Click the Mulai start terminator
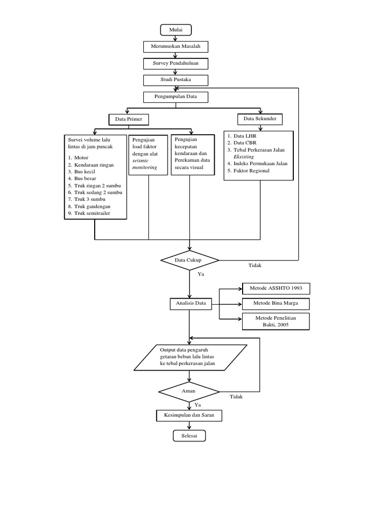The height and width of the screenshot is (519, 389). [x=175, y=30]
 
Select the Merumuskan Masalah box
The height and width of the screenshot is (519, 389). [x=176, y=47]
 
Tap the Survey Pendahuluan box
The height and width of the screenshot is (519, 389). [x=175, y=63]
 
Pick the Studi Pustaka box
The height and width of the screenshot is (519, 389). [x=175, y=80]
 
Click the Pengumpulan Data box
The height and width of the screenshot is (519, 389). [x=176, y=96]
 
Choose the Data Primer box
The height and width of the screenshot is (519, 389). [x=129, y=120]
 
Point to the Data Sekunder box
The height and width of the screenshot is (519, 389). [x=260, y=119]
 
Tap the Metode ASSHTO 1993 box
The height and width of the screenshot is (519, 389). [x=276, y=288]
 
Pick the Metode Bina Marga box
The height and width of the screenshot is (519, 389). [x=276, y=304]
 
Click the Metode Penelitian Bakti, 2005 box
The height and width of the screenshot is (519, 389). [x=276, y=321]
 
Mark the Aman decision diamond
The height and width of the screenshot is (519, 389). [x=188, y=392]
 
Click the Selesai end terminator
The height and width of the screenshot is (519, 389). [x=189, y=436]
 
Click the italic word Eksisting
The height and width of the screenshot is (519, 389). [x=244, y=157]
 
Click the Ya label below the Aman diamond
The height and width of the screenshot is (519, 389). [x=198, y=405]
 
